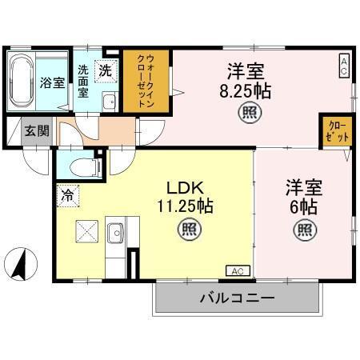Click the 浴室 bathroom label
54,82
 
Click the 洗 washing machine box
106,70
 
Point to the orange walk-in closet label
147,82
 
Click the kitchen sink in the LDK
114,233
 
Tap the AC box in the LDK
238,271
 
